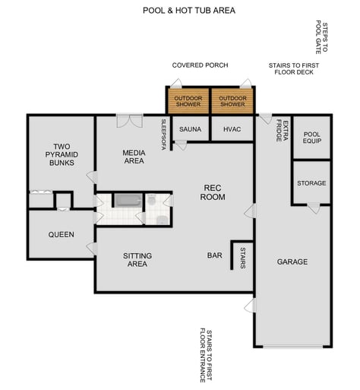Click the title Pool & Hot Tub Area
click(189, 11)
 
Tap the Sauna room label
click(190, 129)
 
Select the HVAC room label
click(232, 129)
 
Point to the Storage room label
click(311, 183)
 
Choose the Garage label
click(292, 262)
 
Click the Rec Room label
click(213, 192)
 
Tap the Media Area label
click(134, 157)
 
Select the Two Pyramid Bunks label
click(62, 154)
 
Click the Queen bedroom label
click(61, 234)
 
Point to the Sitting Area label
click(137, 260)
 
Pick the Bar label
click(215, 255)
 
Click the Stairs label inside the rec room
click(242, 253)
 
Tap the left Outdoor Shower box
click(188, 100)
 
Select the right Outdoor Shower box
click(232, 100)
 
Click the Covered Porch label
click(200, 65)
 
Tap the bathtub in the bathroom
click(128, 201)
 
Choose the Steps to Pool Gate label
click(321, 38)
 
